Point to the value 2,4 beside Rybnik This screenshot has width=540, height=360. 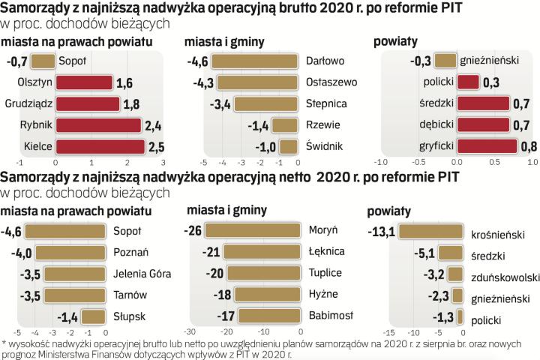point(153,124)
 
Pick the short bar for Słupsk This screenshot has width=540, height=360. point(95,315)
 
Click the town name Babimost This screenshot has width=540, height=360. point(331,315)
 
